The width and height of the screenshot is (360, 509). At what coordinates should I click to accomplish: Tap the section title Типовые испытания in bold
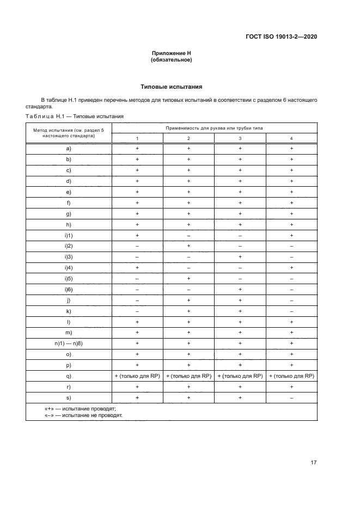tap(172, 87)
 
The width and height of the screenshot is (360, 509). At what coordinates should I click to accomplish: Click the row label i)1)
tap(69, 235)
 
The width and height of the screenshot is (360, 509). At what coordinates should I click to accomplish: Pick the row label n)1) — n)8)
tap(69, 344)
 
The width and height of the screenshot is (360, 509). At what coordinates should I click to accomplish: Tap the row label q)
tap(69, 376)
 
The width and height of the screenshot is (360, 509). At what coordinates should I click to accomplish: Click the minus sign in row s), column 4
tap(291, 398)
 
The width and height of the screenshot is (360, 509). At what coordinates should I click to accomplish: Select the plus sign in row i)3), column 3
tap(240, 257)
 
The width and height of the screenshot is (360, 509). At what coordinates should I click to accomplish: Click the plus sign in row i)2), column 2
tap(188, 246)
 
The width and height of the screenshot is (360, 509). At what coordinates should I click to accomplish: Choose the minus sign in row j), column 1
tap(137, 300)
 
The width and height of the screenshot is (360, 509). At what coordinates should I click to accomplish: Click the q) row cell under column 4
tap(291, 376)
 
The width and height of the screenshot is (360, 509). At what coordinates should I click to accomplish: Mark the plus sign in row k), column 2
tap(188, 311)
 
